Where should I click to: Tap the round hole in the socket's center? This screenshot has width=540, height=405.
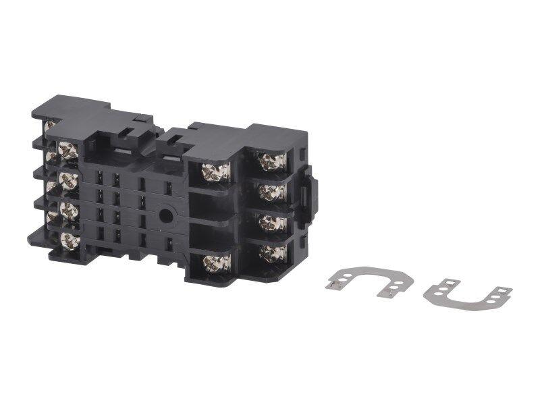pyautogui.click(x=165, y=216)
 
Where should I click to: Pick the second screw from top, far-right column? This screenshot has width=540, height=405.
pyautogui.click(x=272, y=192)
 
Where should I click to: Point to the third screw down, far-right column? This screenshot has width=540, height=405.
pyautogui.click(x=272, y=223)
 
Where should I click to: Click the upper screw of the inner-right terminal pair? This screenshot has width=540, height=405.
pyautogui.click(x=216, y=172)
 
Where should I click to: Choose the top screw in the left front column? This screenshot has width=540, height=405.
pyautogui.click(x=67, y=151)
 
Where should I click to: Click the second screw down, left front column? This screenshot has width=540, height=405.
pyautogui.click(x=67, y=180)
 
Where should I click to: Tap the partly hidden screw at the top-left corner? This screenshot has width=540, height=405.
pyautogui.click(x=49, y=126)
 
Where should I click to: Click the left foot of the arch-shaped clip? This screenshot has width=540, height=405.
pyautogui.click(x=333, y=284)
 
